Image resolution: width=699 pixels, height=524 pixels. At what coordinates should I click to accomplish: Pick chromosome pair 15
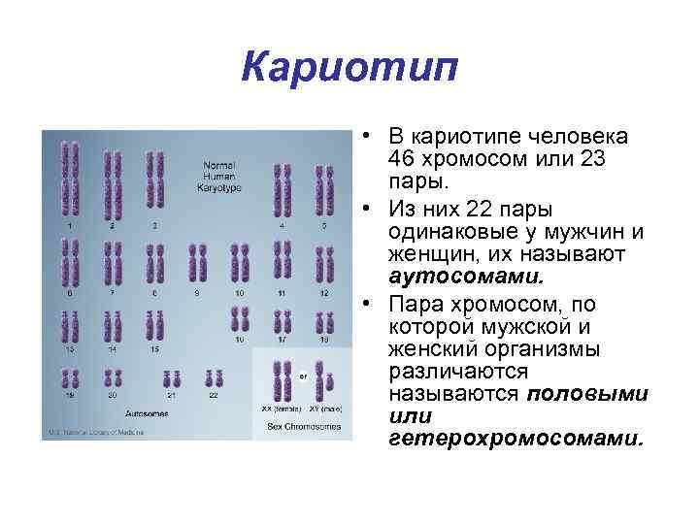(x=154, y=324)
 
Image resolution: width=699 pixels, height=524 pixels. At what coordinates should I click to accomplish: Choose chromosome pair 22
(x=214, y=378)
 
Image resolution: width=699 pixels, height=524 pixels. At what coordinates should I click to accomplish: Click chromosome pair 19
(x=70, y=378)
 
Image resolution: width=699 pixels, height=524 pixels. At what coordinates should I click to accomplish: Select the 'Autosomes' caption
(x=147, y=412)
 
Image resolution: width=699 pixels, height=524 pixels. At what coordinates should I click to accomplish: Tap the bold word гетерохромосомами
(x=516, y=438)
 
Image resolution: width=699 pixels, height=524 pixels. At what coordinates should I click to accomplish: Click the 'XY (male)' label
(x=323, y=409)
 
